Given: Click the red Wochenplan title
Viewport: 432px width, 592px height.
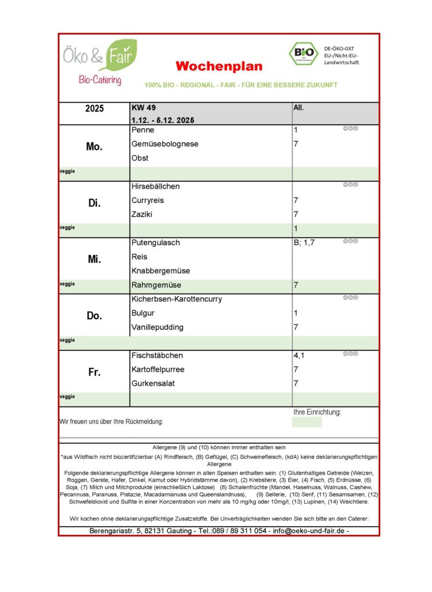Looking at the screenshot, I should pyautogui.click(x=219, y=66).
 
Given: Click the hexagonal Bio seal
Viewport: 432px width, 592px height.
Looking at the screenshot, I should pyautogui.click(x=303, y=53).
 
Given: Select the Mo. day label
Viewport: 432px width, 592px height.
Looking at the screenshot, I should pyautogui.click(x=94, y=147).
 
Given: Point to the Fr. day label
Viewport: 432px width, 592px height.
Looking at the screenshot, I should pyautogui.click(x=94, y=372).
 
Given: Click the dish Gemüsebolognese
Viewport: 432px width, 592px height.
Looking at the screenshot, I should pyautogui.click(x=165, y=144).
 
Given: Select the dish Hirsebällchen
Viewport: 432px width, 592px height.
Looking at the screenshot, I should pyautogui.click(x=155, y=186).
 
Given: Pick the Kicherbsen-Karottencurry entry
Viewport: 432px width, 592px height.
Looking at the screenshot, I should pyautogui.click(x=177, y=299).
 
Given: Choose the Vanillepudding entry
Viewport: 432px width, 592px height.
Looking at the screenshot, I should pyautogui.click(x=158, y=327).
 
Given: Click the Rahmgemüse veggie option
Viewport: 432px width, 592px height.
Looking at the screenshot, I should pyautogui.click(x=156, y=284).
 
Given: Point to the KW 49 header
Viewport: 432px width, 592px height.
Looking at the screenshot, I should pyautogui.click(x=144, y=108).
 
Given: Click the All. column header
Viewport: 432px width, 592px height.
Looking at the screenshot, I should pyautogui.click(x=299, y=108).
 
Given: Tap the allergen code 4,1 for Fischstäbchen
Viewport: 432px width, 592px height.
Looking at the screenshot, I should pyautogui.click(x=299, y=356).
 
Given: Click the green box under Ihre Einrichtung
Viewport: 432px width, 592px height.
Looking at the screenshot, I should pyautogui.click(x=307, y=422).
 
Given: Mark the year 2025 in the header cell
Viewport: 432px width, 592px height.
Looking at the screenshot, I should pyautogui.click(x=94, y=109).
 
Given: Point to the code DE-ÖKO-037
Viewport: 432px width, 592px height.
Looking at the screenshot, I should pyautogui.click(x=339, y=49).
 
